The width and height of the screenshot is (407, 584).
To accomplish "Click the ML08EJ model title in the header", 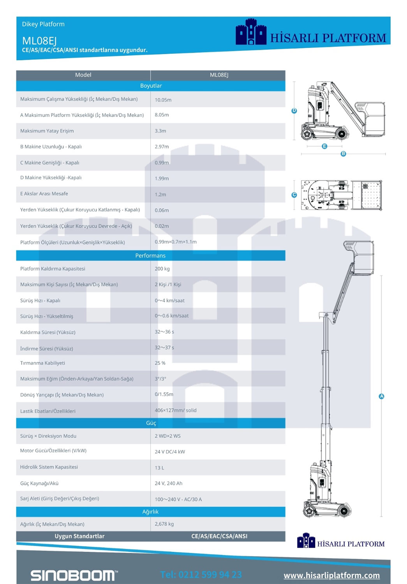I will pos(39,41).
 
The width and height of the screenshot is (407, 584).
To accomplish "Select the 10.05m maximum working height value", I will pos(163,100).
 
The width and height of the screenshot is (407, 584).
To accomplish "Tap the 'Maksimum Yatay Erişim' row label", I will pos(47,131).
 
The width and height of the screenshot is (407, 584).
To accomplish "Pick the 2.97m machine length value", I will pos(162,147).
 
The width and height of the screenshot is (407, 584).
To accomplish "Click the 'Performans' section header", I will pos(150,256).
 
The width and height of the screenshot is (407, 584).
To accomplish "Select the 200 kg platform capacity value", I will pos(162,269).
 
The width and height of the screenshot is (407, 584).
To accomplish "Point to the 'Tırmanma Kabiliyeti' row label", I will pos(42,363).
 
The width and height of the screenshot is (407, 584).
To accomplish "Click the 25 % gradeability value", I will pos(160,363).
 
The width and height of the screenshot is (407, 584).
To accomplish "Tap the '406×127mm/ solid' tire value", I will pos(175,410).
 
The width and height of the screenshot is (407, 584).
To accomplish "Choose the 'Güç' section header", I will pos(151,423).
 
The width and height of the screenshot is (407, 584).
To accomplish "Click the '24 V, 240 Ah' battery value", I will pos(168,483).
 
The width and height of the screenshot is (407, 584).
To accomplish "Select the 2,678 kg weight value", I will pos(164,524).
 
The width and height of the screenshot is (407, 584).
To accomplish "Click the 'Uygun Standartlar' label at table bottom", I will pos(79,536).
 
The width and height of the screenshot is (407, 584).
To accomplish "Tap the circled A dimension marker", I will pos(381,396).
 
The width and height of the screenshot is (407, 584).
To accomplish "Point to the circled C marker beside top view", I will pos(294,195).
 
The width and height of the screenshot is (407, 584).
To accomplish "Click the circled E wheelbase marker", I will pos(324,146).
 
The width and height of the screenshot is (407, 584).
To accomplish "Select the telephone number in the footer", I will pos(201,575).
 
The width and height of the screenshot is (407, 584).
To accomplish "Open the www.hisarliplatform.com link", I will pos(331,575).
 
